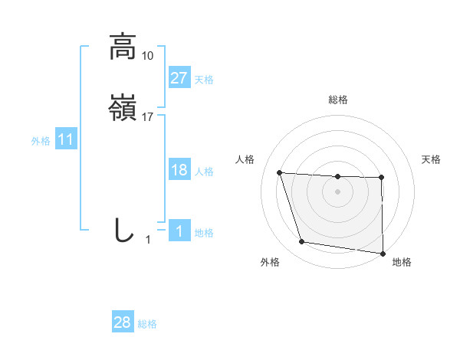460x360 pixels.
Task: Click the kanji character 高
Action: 123,47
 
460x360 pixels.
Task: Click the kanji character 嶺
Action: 123,109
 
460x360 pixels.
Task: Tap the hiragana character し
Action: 123,230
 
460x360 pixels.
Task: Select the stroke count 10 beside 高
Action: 148,56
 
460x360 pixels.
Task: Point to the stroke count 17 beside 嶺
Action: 148,117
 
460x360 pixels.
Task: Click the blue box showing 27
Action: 179,78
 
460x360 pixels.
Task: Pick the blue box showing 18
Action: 179,170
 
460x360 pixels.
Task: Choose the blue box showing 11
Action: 66,140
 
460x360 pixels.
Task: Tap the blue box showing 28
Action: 123,323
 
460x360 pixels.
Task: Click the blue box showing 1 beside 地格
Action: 179,231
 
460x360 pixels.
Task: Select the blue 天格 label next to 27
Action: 204,79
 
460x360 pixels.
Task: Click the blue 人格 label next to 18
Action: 204,171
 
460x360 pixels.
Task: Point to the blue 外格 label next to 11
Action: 41,141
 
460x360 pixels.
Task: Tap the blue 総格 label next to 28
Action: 147,324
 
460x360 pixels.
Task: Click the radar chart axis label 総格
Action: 338,100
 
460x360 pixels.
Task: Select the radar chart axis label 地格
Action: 402,262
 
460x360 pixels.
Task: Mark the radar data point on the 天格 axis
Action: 381,178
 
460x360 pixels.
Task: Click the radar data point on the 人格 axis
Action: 280,173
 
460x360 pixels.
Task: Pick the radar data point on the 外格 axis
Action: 302,242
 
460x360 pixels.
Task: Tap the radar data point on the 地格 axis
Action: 383,254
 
